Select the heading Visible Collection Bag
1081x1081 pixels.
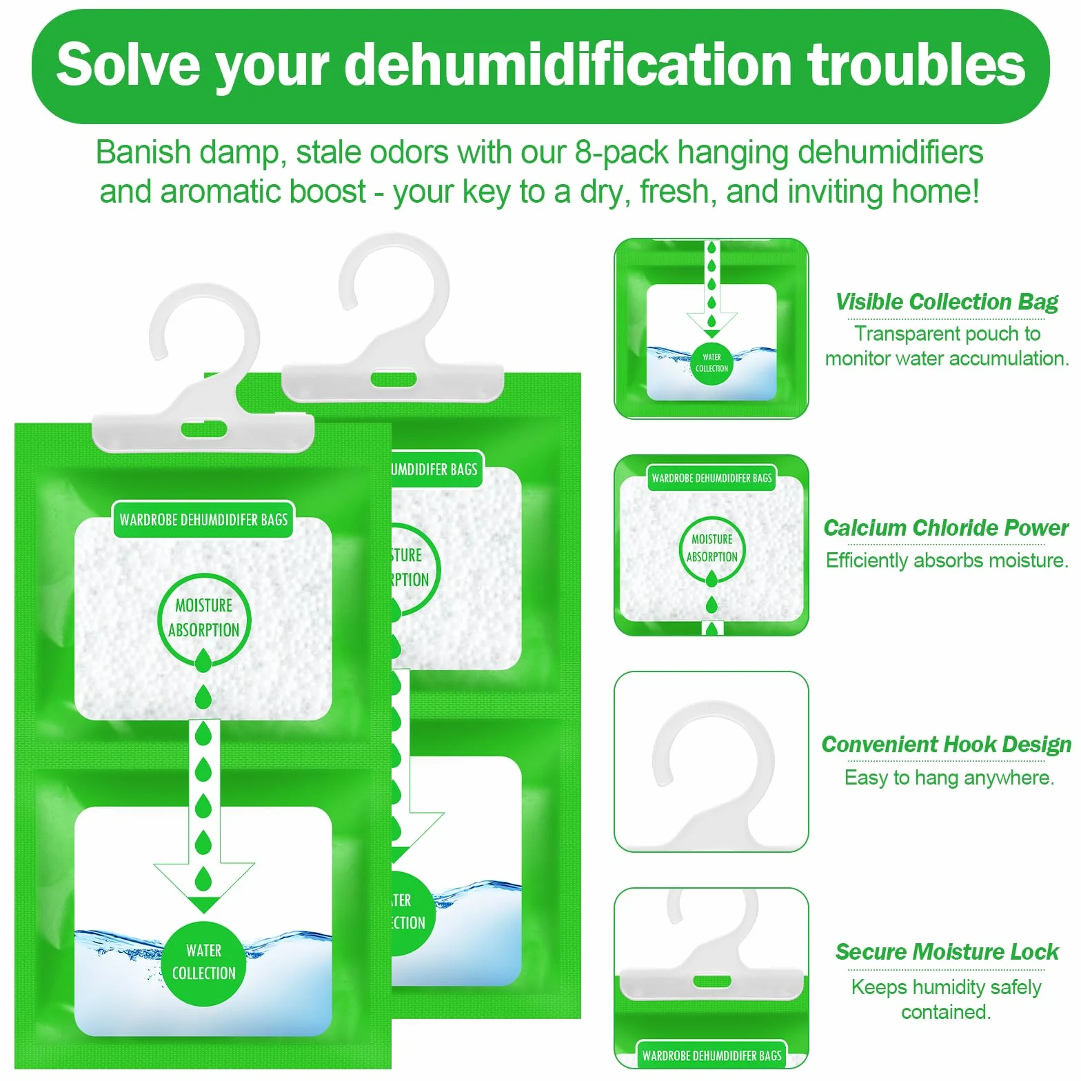[x=947, y=302]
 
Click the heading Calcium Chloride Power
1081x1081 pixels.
[x=946, y=528]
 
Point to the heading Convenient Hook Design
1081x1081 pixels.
[x=946, y=745]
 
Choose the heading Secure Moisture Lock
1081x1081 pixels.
[x=947, y=952]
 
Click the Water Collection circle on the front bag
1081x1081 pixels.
[x=204, y=962]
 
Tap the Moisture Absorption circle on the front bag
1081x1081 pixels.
[x=204, y=618]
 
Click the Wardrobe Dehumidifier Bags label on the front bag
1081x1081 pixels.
[x=203, y=519]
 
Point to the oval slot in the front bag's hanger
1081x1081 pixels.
[x=204, y=430]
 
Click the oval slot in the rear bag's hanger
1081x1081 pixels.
[x=394, y=379]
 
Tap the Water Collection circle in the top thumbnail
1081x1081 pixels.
[x=711, y=363]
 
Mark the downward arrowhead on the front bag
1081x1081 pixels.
[x=204, y=888]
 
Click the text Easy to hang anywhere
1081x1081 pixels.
[x=949, y=778]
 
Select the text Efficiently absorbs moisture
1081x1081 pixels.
[x=947, y=560]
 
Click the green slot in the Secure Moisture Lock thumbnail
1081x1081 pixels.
[x=711, y=981]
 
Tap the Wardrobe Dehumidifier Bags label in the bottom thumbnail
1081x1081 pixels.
[x=711, y=1055]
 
